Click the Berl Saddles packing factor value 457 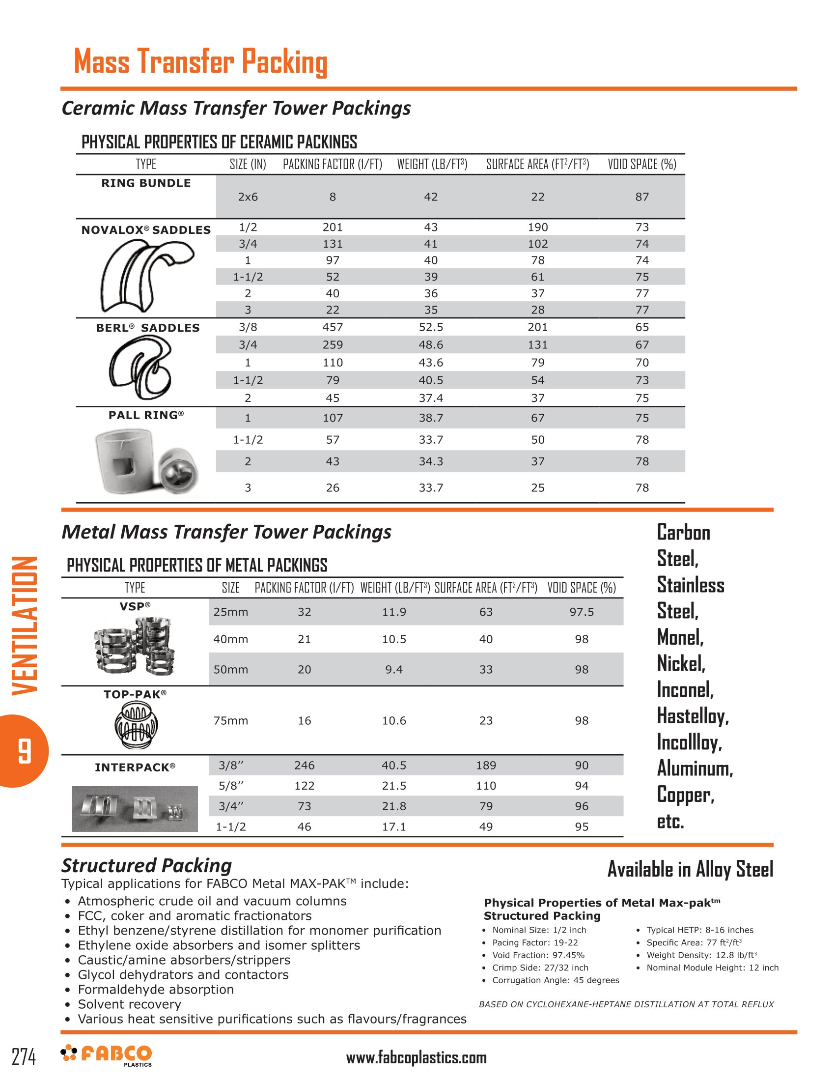click(x=333, y=327)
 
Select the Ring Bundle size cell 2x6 click(x=248, y=197)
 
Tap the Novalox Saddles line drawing click(x=146, y=275)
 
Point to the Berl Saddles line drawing click(x=140, y=367)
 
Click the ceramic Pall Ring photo click(x=147, y=462)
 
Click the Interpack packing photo click(x=135, y=808)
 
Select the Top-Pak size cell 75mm click(x=230, y=721)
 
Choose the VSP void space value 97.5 click(x=581, y=612)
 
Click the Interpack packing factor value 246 click(x=304, y=765)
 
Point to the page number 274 click(x=24, y=1056)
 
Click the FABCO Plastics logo click(x=107, y=1055)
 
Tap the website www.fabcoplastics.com click(x=416, y=1058)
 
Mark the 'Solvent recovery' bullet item click(x=129, y=1004)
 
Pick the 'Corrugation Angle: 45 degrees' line click(x=555, y=980)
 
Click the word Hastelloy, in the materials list click(x=693, y=716)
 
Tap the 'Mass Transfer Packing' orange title click(x=201, y=62)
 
